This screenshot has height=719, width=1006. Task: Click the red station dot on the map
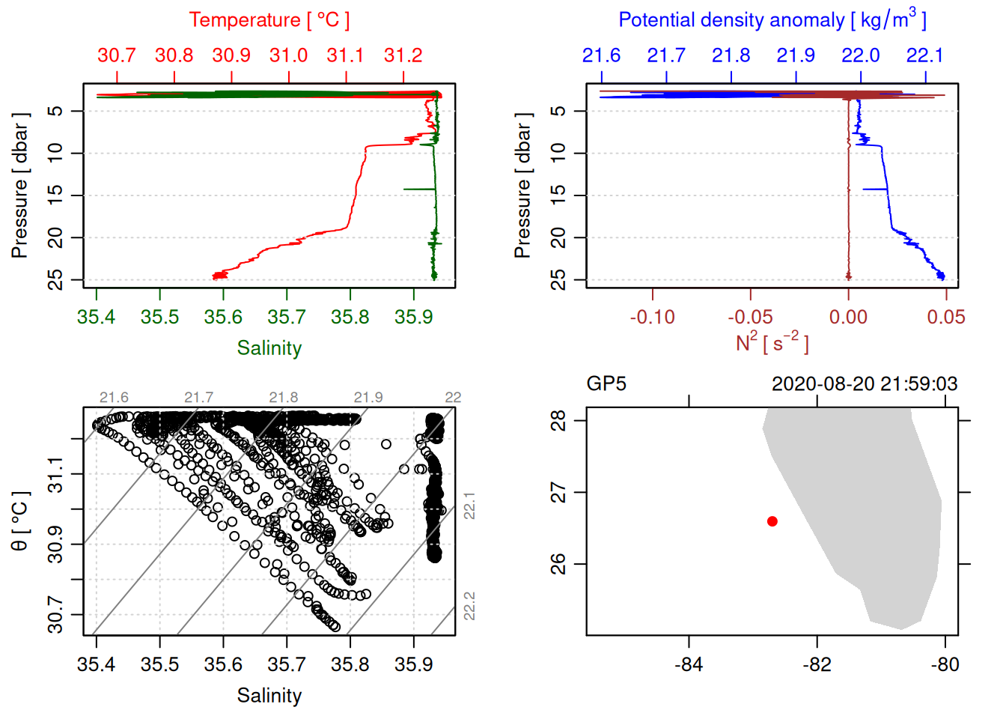click(772, 521)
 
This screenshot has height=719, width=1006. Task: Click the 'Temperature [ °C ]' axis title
click(269, 20)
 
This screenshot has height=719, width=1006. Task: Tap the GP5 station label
click(606, 384)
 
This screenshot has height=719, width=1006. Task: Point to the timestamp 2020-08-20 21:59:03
click(865, 384)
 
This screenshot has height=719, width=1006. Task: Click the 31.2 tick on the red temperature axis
click(403, 55)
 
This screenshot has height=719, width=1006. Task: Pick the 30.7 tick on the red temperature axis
click(117, 55)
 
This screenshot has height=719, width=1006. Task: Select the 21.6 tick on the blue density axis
click(602, 55)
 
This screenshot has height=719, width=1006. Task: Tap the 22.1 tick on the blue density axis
click(925, 55)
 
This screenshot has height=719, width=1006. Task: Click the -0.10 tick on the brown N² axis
click(653, 318)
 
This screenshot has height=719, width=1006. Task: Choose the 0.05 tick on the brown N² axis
click(946, 318)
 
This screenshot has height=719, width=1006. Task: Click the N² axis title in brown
click(772, 343)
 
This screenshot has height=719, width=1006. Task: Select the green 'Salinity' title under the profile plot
click(269, 348)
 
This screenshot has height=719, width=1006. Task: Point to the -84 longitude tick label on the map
click(689, 665)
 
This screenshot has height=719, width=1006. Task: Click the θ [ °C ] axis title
click(20, 521)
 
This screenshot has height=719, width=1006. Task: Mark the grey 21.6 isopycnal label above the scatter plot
click(114, 398)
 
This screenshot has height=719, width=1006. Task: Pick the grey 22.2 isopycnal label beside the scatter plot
click(469, 606)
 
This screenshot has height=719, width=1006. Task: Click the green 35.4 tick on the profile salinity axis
click(97, 318)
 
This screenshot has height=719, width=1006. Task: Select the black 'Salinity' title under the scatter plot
click(269, 696)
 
